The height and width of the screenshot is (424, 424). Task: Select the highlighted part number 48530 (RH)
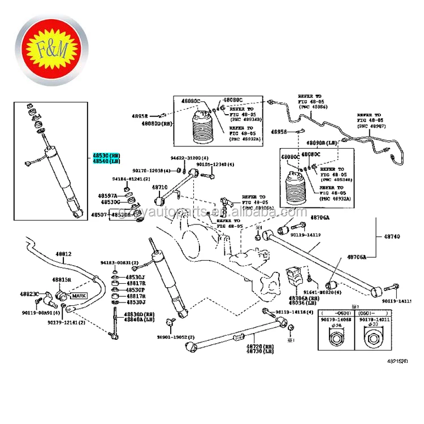[x=107, y=155]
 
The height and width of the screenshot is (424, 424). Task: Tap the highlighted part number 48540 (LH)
[x=107, y=161]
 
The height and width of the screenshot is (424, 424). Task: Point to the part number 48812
[x=63, y=254]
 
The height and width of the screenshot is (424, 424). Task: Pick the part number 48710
[x=159, y=187]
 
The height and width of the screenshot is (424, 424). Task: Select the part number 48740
[x=392, y=236]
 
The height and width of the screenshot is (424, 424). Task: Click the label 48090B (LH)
[x=322, y=144]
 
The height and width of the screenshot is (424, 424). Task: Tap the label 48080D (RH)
[x=157, y=123]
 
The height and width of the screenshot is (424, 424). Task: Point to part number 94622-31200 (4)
[x=190, y=158]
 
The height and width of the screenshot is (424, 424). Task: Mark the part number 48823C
[x=30, y=294]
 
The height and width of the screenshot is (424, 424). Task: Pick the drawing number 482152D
[x=398, y=360]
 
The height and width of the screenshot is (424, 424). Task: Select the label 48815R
[x=62, y=279]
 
